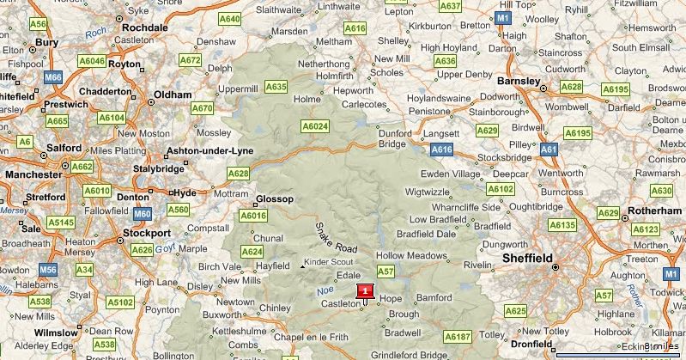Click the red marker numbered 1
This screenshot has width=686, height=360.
(x=366, y=291)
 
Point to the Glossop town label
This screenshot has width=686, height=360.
(x=276, y=199)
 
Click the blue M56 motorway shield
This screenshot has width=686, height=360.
(x=48, y=270)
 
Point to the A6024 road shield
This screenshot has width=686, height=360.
(x=315, y=126)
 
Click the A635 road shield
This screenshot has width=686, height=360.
(x=276, y=87)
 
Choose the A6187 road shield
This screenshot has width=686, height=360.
(x=458, y=336)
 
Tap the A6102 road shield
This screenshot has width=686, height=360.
(x=500, y=188)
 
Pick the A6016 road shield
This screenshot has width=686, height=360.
(x=253, y=216)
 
